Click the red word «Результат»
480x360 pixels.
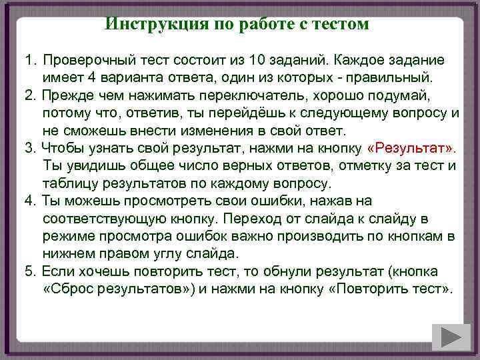click(x=410, y=147)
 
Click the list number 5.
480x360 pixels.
click(x=29, y=272)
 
